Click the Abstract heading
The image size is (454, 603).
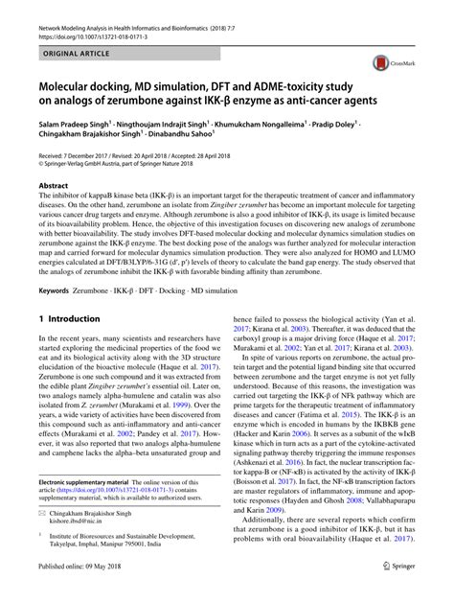[x=53, y=186]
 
